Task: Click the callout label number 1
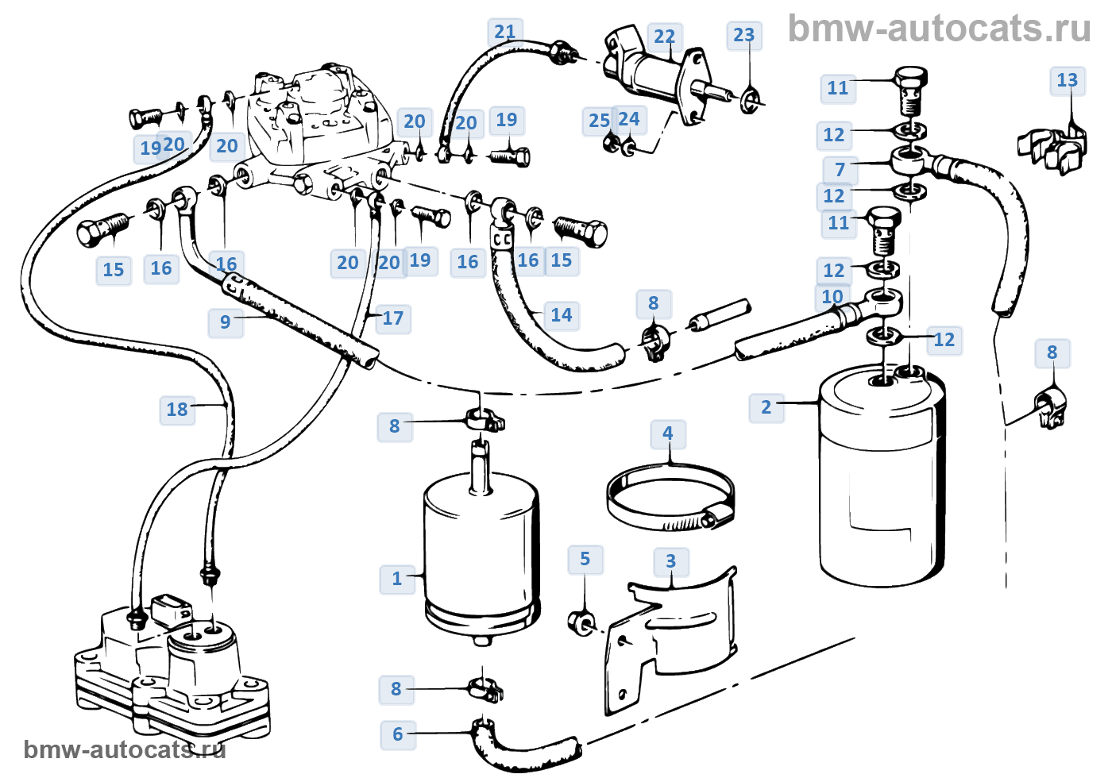(x=396, y=579)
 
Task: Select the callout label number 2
(x=766, y=407)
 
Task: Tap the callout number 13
(x=1068, y=80)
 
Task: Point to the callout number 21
(x=505, y=33)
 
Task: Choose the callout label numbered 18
(x=176, y=410)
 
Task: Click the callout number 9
(x=226, y=322)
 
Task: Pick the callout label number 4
(x=668, y=433)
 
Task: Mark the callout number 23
(x=743, y=35)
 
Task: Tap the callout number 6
(x=398, y=734)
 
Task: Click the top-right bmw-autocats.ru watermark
(x=940, y=29)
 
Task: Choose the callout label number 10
(x=832, y=297)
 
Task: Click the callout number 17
(x=392, y=318)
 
